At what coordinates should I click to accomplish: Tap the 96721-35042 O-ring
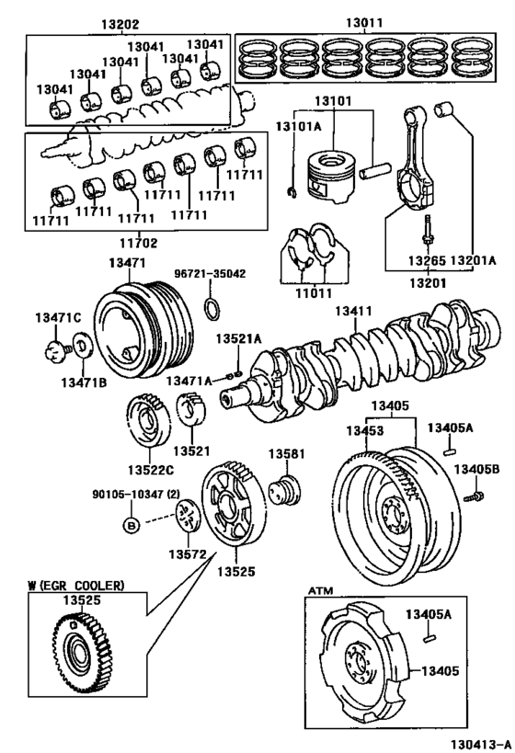click(211, 307)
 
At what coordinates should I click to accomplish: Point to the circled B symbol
click(132, 524)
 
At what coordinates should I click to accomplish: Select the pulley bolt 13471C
click(57, 348)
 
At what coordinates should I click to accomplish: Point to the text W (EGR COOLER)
click(74, 585)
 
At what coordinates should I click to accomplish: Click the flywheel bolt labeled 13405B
click(475, 497)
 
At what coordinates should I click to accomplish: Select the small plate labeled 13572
click(188, 515)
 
